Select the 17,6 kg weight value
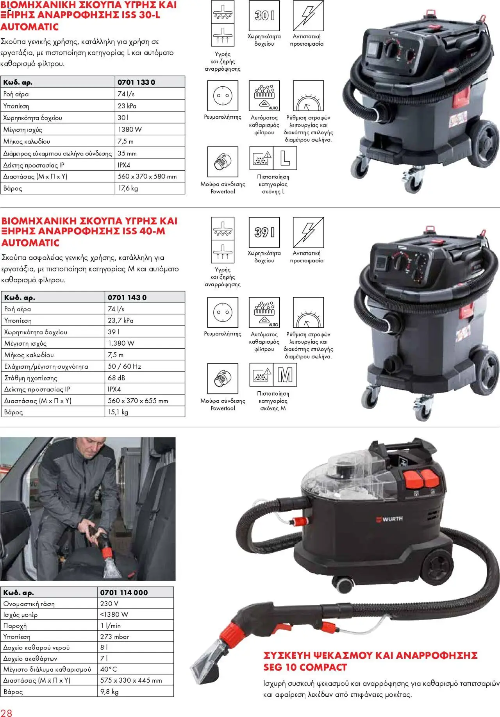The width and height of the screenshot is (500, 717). click(128, 188)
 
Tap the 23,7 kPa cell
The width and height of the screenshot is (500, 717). click(121, 320)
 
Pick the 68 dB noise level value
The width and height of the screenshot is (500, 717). click(116, 378)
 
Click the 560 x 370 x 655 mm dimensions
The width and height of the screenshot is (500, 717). click(138, 401)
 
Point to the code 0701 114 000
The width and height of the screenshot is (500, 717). click(124, 592)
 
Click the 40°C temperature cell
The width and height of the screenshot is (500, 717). click(109, 669)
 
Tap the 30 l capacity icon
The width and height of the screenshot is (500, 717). click(264, 16)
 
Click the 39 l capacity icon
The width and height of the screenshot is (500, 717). click(264, 232)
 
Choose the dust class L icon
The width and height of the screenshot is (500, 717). click(285, 158)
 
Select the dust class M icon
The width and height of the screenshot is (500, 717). click(285, 375)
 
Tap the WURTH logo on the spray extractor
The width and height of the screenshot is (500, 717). click(389, 519)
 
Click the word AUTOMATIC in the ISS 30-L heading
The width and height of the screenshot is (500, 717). click(30, 27)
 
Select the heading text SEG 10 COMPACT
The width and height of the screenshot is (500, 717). click(305, 667)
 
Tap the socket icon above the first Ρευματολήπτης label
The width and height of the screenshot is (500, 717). click(223, 96)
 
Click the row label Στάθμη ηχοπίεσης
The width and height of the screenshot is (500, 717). click(30, 378)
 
